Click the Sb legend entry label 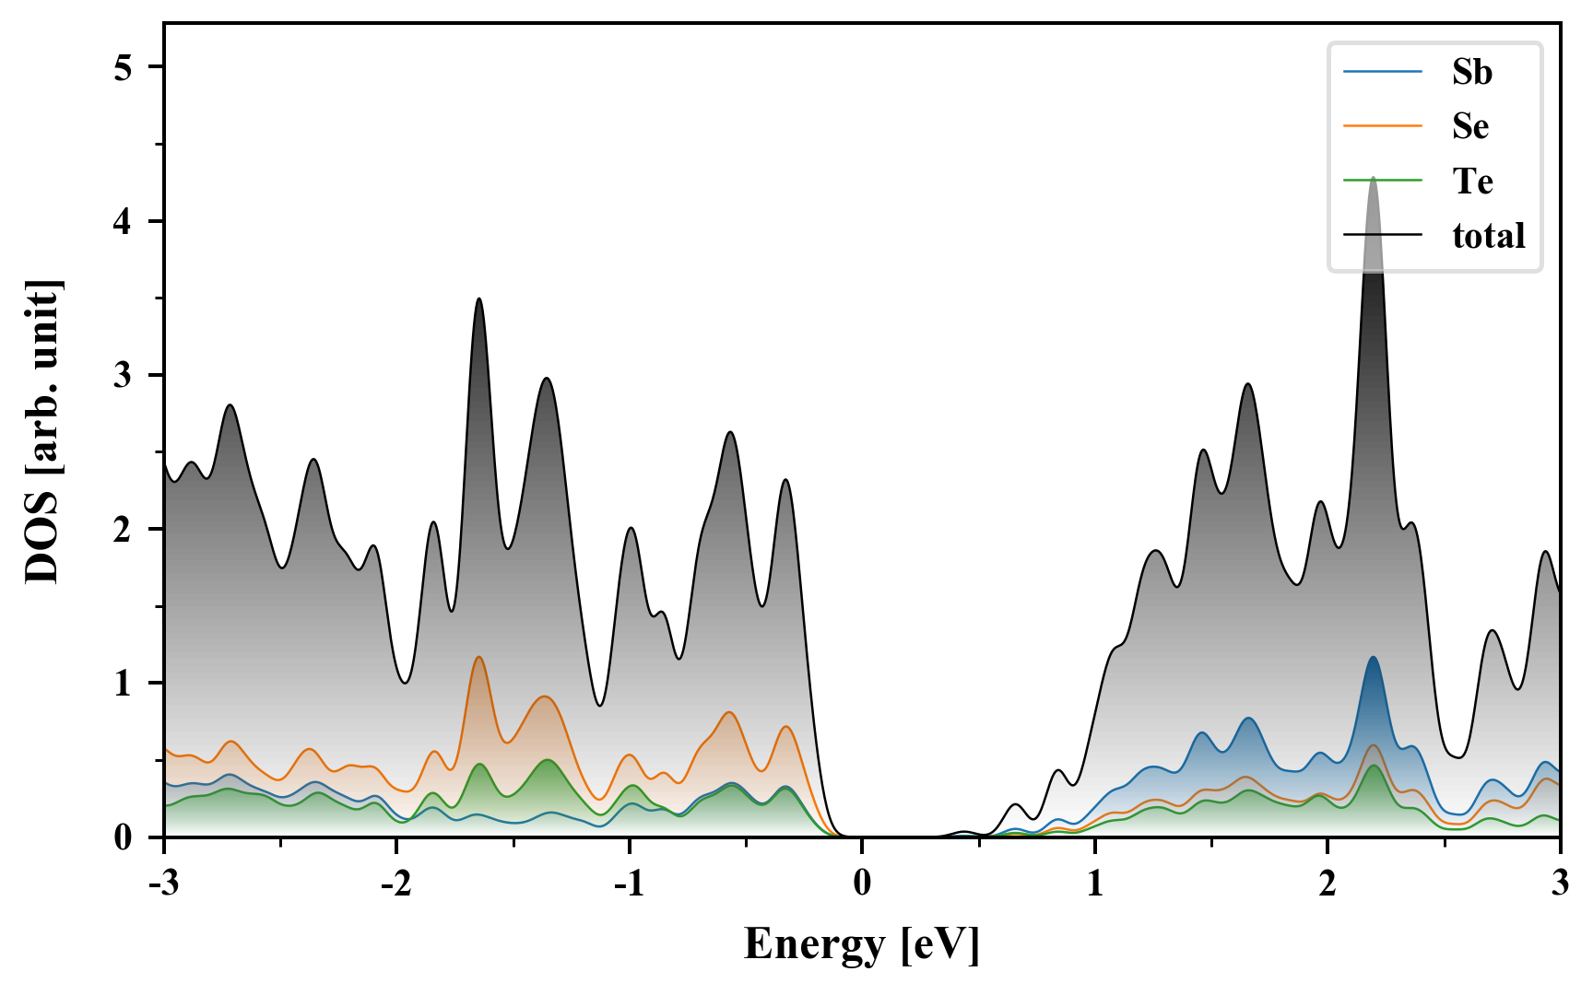(1471, 72)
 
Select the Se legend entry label (1470, 126)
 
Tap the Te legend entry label (1472, 181)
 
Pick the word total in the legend (1488, 236)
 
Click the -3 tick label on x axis (163, 883)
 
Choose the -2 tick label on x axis (395, 883)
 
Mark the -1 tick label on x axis (628, 883)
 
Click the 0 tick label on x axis (862, 883)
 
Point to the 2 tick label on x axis (1327, 883)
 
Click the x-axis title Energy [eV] (862, 943)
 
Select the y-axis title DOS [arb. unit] (42, 430)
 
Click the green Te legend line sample (1383, 181)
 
